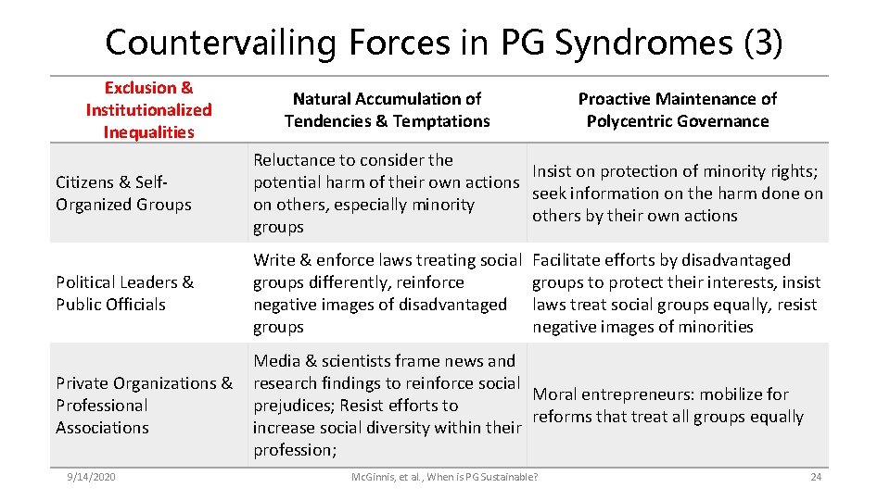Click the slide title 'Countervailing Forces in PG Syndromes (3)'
[444, 42]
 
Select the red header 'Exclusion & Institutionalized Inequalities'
[148, 109]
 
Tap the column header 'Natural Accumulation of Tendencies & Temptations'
[387, 109]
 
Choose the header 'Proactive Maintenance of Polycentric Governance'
[677, 109]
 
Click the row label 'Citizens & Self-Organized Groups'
[123, 193]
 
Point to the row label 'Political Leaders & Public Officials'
[124, 293]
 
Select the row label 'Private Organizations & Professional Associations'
[144, 405]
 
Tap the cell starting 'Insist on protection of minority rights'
[677, 193]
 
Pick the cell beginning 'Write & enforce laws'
[387, 293]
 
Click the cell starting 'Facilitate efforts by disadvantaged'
[677, 293]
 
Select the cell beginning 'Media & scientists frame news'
[387, 405]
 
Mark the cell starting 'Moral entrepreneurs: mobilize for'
[667, 405]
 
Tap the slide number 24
[815, 476]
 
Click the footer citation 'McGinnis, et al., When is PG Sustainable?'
[444, 476]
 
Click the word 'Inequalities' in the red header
[148, 131]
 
